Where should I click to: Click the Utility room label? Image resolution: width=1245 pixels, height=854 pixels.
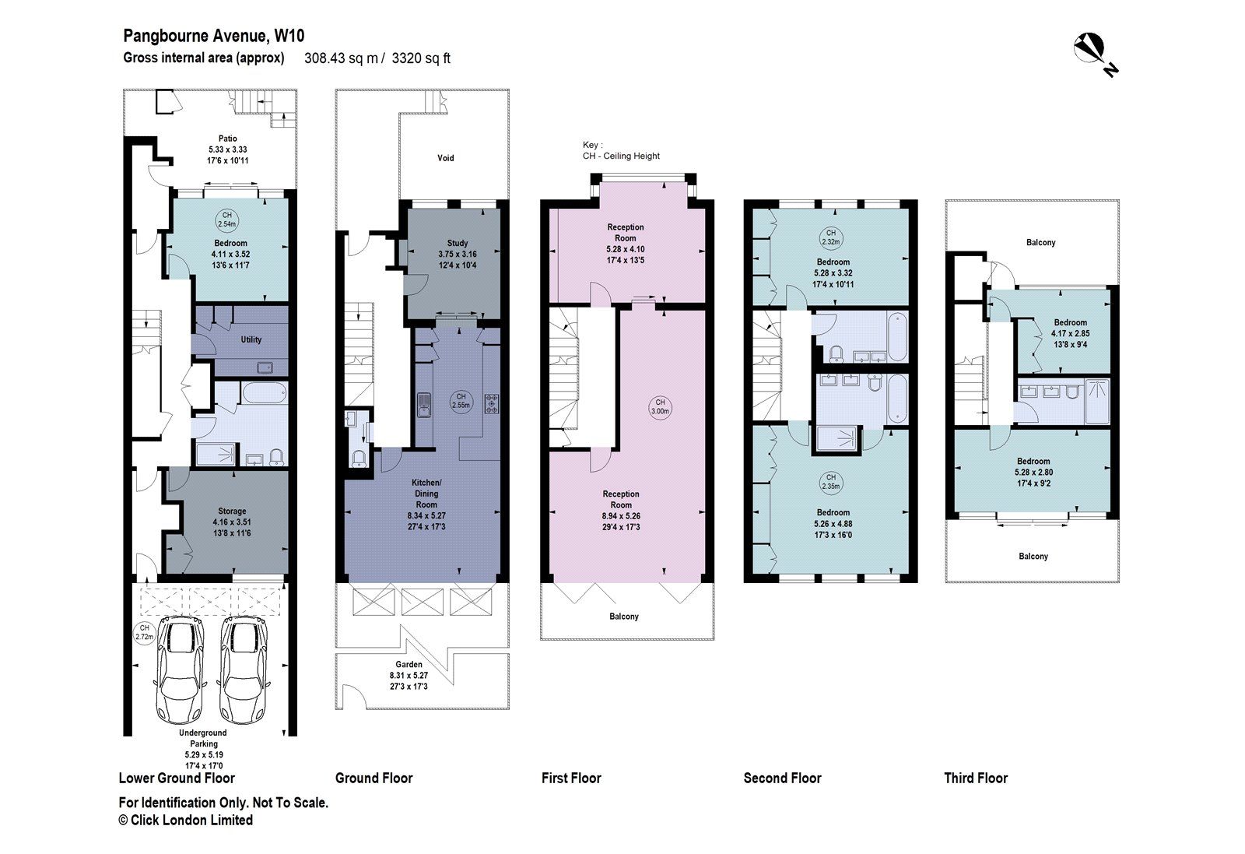[x=251, y=339]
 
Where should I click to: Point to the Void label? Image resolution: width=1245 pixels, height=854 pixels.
[x=445, y=158]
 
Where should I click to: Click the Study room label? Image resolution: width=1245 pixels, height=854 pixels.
[x=457, y=244]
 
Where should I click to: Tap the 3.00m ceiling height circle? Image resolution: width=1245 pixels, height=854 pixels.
[x=660, y=407]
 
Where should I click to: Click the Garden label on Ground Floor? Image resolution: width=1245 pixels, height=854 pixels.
[x=409, y=665]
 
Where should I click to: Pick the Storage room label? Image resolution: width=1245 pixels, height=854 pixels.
[x=232, y=511]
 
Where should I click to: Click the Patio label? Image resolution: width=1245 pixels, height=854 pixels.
[x=227, y=139]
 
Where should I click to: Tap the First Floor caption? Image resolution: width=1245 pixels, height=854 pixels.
[x=571, y=778]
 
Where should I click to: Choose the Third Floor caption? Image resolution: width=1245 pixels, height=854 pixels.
[x=976, y=778]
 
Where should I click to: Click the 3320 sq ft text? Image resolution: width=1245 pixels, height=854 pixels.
[x=421, y=58]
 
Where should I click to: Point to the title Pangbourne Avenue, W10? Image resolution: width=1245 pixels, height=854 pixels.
[x=214, y=35]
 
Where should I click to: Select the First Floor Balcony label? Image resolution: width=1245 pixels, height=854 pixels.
[x=624, y=617]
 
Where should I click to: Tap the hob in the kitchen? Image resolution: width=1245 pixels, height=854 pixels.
[x=493, y=403]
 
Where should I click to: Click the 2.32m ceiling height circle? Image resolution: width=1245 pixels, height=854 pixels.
[x=831, y=237]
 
